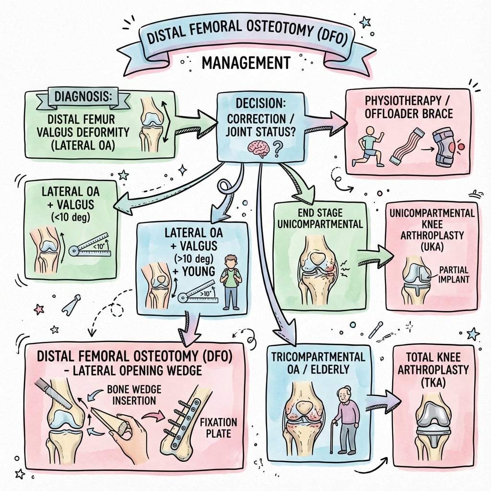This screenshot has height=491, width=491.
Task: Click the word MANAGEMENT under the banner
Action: click(245, 63)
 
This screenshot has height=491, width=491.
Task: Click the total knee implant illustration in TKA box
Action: click(433, 422)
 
